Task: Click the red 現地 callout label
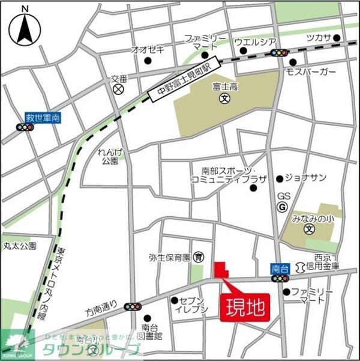tap(245, 309)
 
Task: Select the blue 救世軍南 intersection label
tap(42, 118)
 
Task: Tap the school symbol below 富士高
tap(224, 98)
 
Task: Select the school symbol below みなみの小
tap(309, 229)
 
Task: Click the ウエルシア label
tap(254, 41)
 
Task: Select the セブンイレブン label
tap(192, 305)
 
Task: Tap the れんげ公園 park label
tap(109, 157)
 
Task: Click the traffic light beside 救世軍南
tap(25, 128)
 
